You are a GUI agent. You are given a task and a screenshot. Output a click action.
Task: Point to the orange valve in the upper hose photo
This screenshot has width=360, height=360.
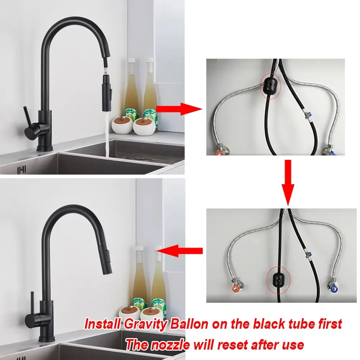click(220, 152)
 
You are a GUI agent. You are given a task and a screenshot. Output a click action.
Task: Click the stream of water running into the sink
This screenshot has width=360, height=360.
click(108, 137)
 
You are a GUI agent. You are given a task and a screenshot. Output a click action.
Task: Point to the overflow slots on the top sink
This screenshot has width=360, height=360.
click(22, 170)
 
